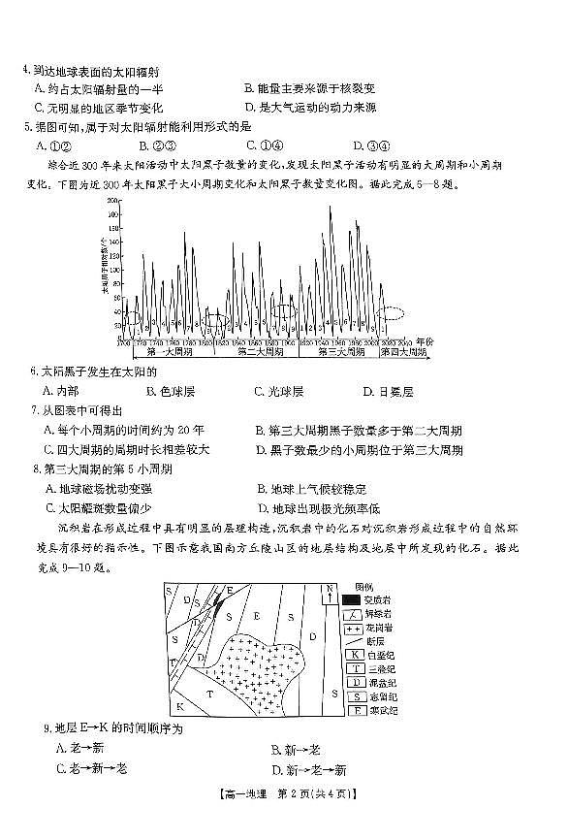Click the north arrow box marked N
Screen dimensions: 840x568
[x=331, y=591]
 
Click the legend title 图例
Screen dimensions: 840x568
[x=363, y=586]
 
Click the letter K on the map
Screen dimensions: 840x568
[x=180, y=703]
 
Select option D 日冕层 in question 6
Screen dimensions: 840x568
[x=388, y=391]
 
